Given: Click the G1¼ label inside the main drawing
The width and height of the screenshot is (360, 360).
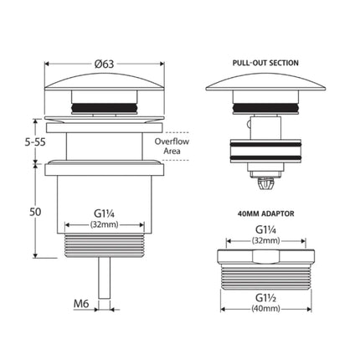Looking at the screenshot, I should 103,224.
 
